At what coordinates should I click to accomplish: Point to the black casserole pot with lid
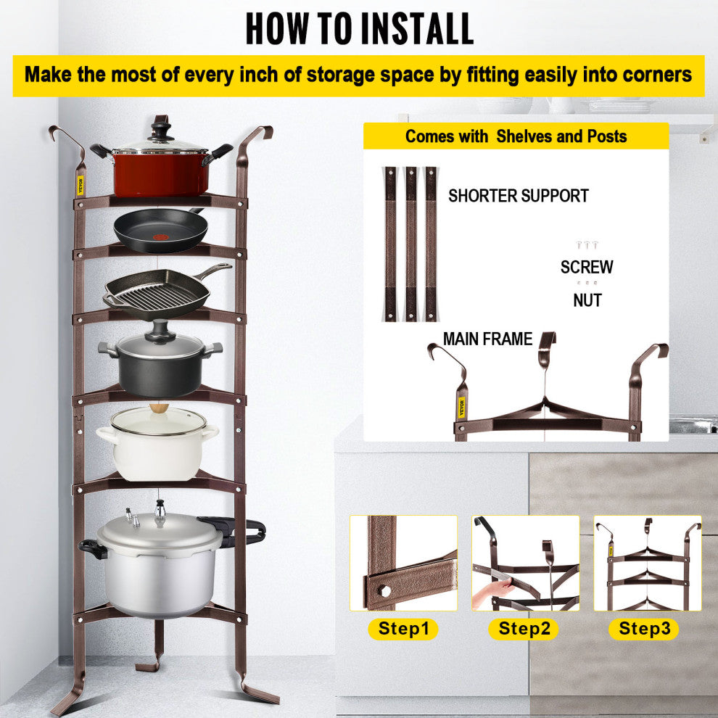click(x=160, y=366)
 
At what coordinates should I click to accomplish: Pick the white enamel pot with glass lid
click(x=157, y=442)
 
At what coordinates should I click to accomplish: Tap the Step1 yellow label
click(x=403, y=629)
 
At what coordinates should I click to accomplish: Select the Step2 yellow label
click(x=524, y=629)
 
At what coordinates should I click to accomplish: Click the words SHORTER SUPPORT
click(x=518, y=196)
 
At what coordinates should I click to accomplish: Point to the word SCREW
click(x=587, y=267)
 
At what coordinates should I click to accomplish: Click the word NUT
click(x=587, y=300)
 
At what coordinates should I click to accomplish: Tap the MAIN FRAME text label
click(x=487, y=339)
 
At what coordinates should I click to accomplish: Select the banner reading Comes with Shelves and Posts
click(x=516, y=136)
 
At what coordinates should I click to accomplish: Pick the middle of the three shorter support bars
click(x=411, y=244)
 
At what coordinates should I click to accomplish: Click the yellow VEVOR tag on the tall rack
click(x=80, y=185)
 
